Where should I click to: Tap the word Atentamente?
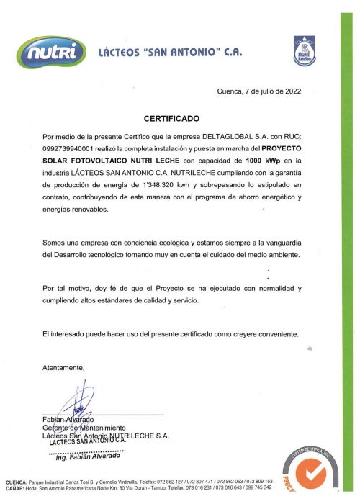[63, 368]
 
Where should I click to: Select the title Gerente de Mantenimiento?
[84, 428]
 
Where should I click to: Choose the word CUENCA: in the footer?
[17, 481]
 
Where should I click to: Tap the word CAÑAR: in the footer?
[15, 487]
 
